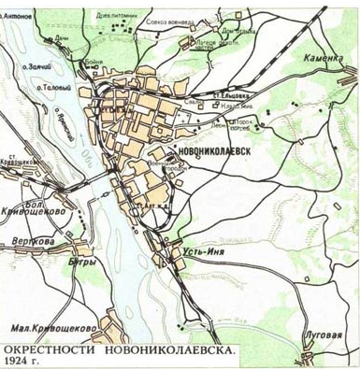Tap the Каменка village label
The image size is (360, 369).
coord(320,58)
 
